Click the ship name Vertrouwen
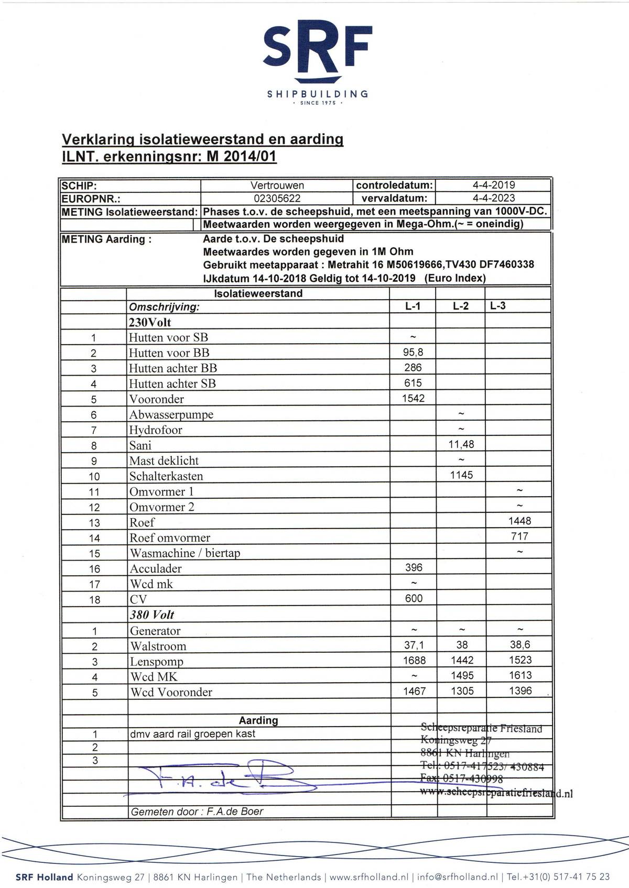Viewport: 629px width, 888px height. (277, 185)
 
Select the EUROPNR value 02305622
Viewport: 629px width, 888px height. (277, 199)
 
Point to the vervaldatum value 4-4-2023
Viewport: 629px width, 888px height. (493, 199)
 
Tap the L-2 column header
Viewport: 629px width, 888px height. (461, 306)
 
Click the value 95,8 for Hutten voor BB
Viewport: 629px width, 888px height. (413, 353)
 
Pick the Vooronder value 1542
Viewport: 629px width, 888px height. (413, 398)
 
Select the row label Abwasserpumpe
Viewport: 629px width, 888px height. (171, 414)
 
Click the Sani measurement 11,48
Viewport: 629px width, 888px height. (461, 444)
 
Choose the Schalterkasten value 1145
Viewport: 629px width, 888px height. (461, 475)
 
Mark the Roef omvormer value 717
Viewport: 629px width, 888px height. (519, 536)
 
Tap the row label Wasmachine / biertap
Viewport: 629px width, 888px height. (185, 553)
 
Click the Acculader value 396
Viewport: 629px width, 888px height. (414, 567)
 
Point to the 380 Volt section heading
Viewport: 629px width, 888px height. (152, 615)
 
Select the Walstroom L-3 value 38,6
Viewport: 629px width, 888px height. (520, 645)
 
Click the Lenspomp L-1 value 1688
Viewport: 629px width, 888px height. (414, 661)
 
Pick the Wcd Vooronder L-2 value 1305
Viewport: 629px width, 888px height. (462, 691)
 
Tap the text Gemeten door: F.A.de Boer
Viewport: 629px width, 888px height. (197, 812)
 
